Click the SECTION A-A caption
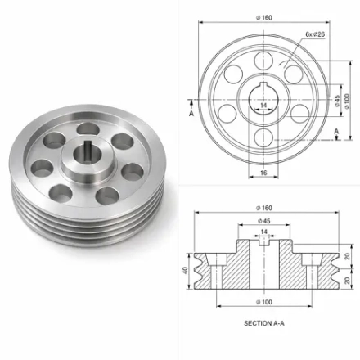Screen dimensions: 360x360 [264, 323]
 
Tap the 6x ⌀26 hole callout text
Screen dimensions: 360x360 [315, 34]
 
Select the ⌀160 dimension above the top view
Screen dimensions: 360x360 [264, 18]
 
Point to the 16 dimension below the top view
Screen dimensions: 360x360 [263, 173]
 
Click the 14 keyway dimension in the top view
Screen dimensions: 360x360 [263, 105]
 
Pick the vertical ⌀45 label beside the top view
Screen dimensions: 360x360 [337, 101]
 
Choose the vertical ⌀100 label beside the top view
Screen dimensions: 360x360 [347, 101]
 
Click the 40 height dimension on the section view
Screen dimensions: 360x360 [185, 271]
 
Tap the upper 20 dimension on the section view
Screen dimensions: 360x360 [347, 256]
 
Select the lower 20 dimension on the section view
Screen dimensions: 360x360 [347, 281]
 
